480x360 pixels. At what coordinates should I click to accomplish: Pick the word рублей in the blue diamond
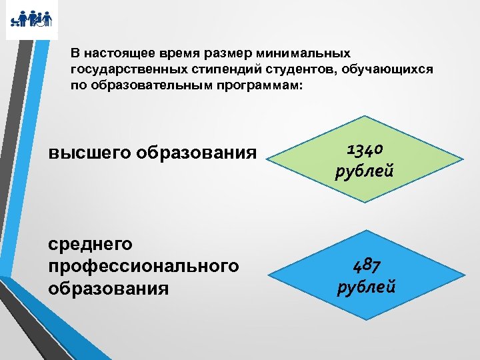coord(367,287)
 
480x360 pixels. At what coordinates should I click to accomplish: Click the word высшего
coord(90,153)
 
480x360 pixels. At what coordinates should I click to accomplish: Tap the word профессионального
coord(144,267)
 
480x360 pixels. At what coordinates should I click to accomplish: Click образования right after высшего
coord(197,153)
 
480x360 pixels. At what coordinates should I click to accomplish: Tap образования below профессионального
coord(109,289)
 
